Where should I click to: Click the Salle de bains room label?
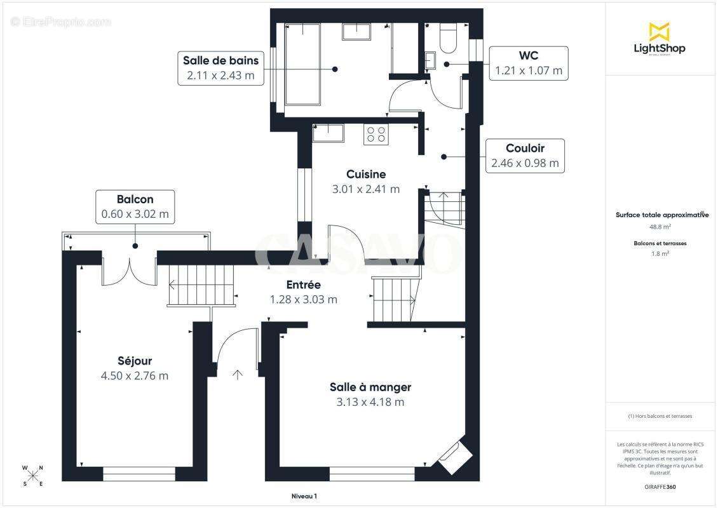coord(220,60)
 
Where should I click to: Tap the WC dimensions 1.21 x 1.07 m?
coord(529,70)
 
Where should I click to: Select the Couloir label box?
coord(525,156)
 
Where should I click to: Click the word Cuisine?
coord(366,174)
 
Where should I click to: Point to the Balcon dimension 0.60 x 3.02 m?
coord(135,214)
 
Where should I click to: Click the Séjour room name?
coord(135,361)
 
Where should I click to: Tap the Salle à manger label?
coord(370,387)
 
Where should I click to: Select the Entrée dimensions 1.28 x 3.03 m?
coord(304,299)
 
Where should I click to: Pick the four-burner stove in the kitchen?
coord(376,135)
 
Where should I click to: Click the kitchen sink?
coord(328,133)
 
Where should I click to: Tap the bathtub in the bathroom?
coord(302,65)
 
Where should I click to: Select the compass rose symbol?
coord(32,476)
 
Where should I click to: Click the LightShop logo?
coord(660,39)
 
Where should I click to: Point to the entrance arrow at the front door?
coord(237,375)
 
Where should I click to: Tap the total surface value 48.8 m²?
coord(660,227)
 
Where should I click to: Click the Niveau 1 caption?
coord(304,496)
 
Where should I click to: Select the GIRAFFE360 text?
coord(660,487)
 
